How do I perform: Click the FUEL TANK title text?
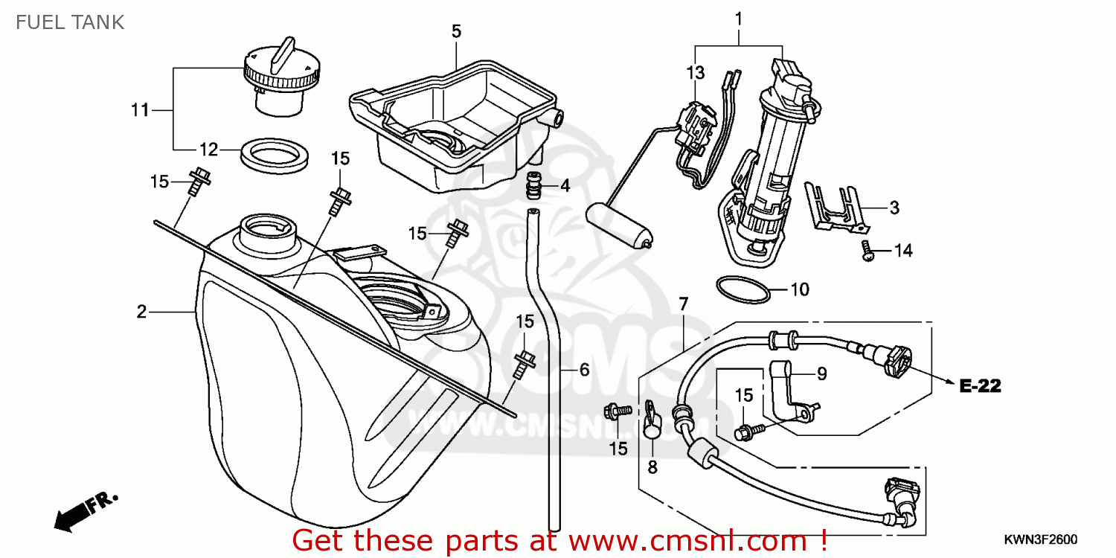pos(70,22)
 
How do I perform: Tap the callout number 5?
pos(456,31)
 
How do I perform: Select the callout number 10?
pos(799,289)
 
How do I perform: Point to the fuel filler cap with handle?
pos(282,78)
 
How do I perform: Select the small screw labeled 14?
pos(866,250)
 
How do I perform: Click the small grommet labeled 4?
pos(532,186)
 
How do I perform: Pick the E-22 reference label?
pos(980,385)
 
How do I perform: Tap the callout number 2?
pos(141,312)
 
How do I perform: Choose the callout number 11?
pos(140,111)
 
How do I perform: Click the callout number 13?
pos(694,73)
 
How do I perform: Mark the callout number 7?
pos(683,303)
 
